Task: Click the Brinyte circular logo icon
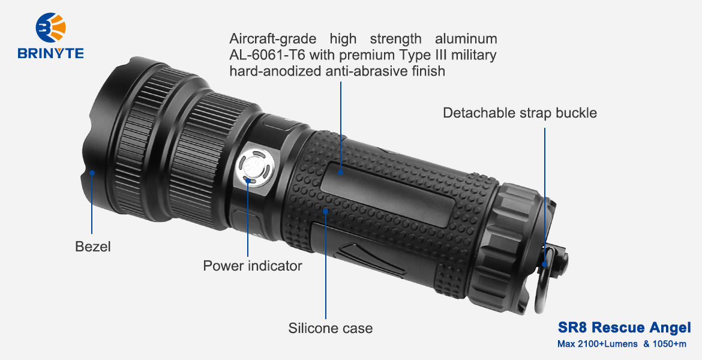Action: coord(50,28)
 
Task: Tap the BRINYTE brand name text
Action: coord(50,53)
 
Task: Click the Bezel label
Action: coord(92,246)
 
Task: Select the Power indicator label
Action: coord(253,266)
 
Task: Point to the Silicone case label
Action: coord(331,328)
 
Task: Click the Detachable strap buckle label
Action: coord(520,112)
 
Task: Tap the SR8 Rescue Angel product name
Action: coord(624,328)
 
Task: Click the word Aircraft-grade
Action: coord(272,40)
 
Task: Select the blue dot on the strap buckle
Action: coord(545,264)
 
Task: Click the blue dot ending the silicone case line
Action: coord(325,210)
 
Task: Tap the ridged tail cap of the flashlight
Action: coord(503,246)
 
